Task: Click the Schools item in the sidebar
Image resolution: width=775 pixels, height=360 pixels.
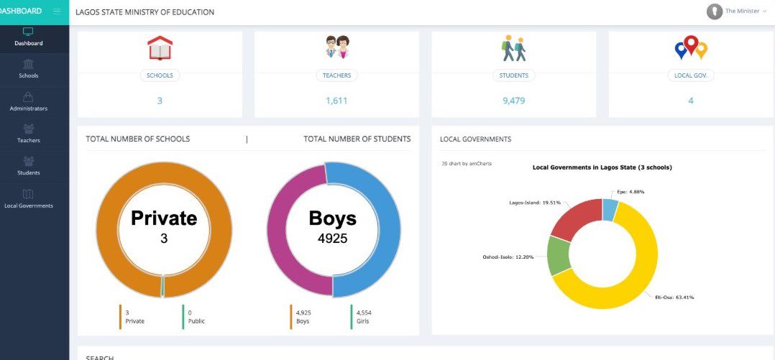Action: (x=29, y=69)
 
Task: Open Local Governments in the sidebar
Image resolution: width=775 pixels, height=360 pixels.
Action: (x=29, y=199)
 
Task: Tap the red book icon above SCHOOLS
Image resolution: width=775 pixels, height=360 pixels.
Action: (x=160, y=48)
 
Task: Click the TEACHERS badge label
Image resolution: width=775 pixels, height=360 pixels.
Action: (x=336, y=75)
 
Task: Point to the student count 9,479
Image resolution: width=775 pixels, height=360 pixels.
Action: (x=513, y=101)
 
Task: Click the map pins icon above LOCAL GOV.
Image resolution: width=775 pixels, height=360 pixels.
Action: (x=690, y=47)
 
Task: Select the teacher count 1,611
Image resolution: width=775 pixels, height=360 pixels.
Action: (x=336, y=101)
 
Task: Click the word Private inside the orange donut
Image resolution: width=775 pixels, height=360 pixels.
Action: (x=164, y=218)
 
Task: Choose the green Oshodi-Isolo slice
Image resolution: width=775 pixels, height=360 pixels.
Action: (x=559, y=256)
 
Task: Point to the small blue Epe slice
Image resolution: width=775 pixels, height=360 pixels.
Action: (x=610, y=210)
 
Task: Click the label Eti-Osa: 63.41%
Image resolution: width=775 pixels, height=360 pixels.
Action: (x=674, y=297)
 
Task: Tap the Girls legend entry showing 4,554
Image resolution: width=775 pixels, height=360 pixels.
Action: (x=363, y=317)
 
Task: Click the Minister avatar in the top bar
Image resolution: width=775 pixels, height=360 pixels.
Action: (x=714, y=11)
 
